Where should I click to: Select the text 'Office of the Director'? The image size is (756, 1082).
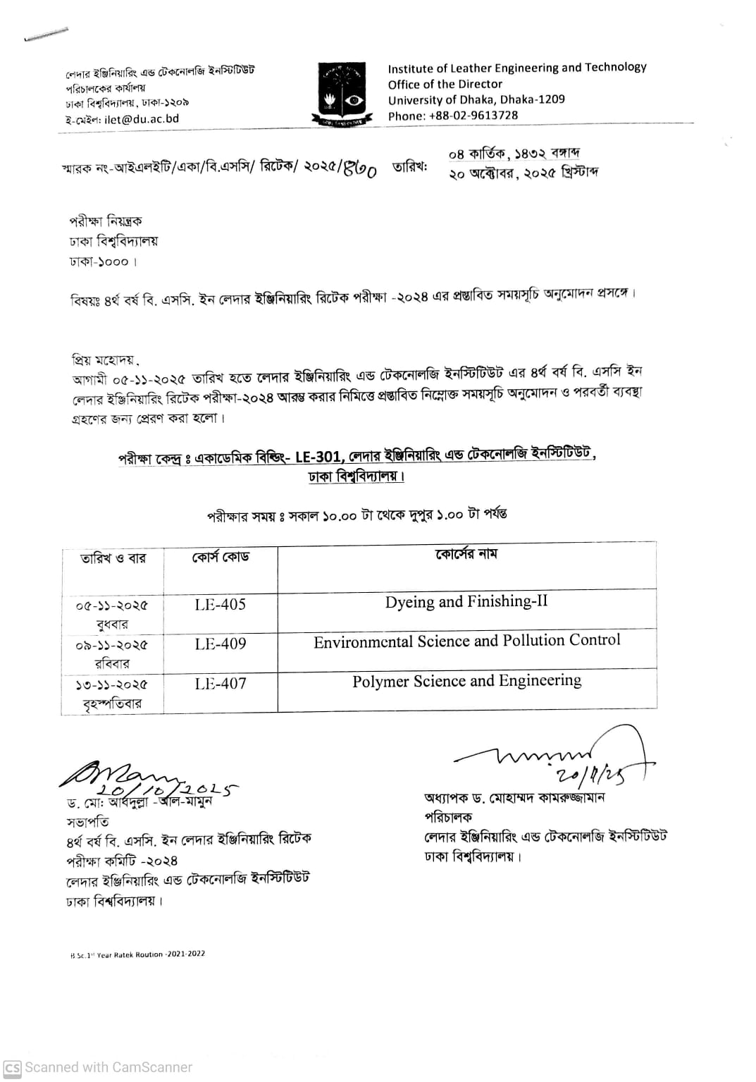pos(445,84)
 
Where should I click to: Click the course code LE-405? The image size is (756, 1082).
pos(221,604)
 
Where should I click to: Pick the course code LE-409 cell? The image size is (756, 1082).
pos(221,644)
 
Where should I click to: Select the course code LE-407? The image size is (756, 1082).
pos(221,683)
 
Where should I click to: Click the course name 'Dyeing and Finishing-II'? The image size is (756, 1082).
pos(466,602)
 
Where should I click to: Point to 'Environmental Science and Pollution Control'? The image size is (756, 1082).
pos(466,641)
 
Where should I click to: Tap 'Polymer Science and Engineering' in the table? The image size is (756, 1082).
pos(466,681)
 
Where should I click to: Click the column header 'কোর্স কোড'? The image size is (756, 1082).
pos(221,557)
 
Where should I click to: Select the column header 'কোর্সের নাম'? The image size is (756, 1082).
pos(466,554)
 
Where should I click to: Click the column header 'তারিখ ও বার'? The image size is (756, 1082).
pos(113,558)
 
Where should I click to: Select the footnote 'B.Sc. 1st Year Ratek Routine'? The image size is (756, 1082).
pos(137,954)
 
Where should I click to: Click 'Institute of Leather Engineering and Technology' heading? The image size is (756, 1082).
pos(516,68)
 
